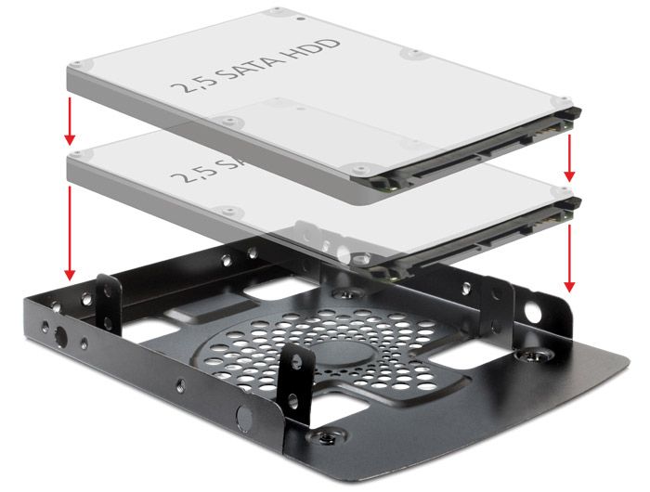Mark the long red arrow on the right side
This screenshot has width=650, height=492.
569,254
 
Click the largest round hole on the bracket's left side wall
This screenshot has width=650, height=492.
61,335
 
